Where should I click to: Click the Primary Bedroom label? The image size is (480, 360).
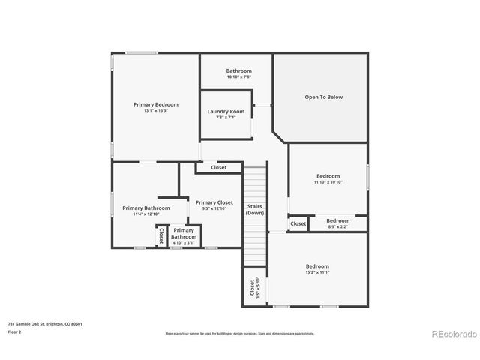coord(156,104)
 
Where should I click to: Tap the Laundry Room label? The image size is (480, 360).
coord(226,112)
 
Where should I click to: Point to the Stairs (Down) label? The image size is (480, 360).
coord(255,209)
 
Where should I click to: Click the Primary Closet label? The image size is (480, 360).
coord(214,202)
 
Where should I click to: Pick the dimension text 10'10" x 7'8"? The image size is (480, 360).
coord(238,77)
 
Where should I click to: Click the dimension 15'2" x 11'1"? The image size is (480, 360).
coord(317,272)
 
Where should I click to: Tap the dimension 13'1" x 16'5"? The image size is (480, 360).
coord(156,111)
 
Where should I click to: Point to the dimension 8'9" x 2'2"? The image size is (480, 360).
coord(337,226)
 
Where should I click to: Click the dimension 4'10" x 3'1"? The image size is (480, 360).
coord(184,242)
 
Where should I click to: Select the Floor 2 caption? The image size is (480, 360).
coord(14,331)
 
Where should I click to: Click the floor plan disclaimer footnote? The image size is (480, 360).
coord(240,333)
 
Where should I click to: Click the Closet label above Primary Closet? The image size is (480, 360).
coord(219,168)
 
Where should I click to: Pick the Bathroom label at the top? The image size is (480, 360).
coord(238,71)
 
